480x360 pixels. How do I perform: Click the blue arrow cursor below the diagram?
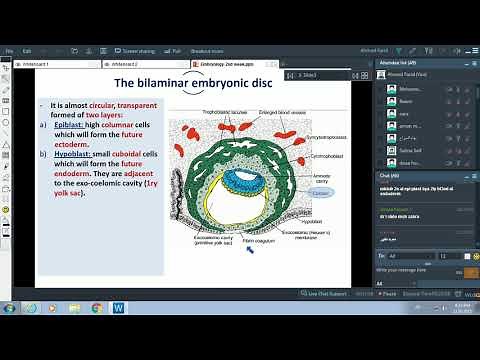(249, 251)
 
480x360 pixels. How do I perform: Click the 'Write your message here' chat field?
(410, 271)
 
